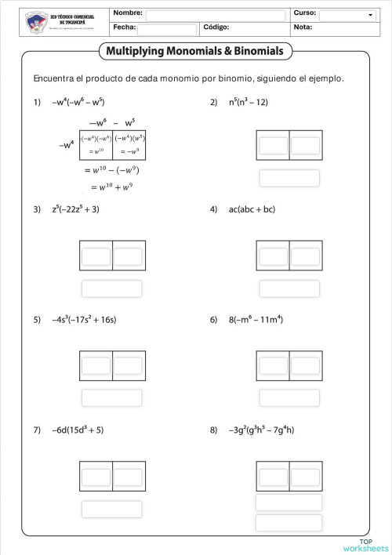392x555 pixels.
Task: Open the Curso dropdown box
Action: [347, 15]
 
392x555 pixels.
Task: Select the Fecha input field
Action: [166, 29]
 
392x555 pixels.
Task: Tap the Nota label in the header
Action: [302, 27]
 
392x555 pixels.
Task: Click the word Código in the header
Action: [216, 27]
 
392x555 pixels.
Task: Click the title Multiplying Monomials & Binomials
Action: [195, 52]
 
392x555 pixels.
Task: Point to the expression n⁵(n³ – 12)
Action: [249, 102]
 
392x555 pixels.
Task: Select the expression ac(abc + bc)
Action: [252, 209]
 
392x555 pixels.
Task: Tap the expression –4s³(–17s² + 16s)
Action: [84, 320]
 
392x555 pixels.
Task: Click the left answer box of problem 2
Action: [274, 146]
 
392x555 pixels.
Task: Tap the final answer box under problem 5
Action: [111, 398]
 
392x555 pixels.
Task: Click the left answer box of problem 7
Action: [96, 477]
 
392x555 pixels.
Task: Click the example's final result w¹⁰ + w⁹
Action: [111, 187]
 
